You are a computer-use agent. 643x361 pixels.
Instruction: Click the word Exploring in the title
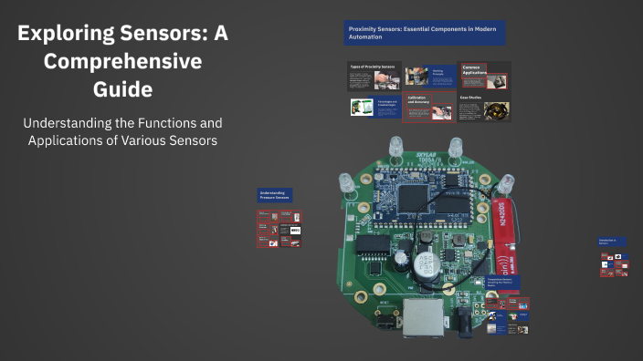point(65,36)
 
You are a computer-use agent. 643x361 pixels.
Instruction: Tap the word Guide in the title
point(121,89)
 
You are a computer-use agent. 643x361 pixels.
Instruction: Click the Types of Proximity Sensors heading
point(372,67)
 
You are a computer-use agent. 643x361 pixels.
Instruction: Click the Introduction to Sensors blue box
point(610,242)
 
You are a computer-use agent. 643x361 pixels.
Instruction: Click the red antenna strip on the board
point(501,224)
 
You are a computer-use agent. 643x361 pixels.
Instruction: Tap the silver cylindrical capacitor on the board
point(423,264)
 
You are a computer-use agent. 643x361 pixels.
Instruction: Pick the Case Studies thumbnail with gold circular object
point(498,111)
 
